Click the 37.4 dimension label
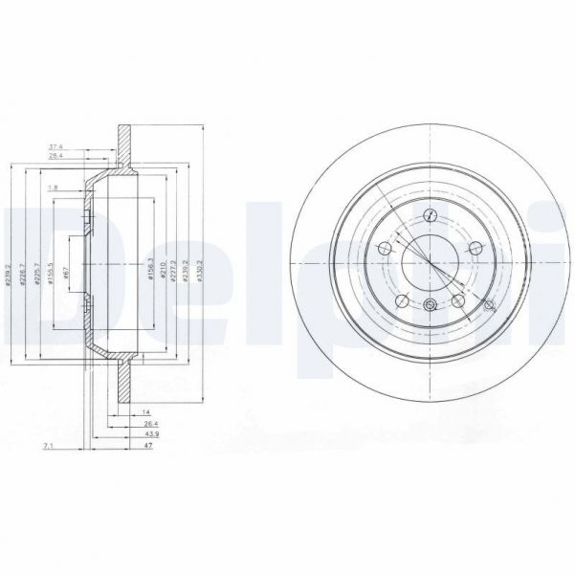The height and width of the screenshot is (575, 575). [56, 146]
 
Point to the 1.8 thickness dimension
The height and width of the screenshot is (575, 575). [54, 188]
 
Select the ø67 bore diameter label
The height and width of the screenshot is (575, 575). [65, 272]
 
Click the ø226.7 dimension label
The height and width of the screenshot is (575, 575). [23, 273]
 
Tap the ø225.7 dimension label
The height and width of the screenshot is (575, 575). [36, 273]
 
